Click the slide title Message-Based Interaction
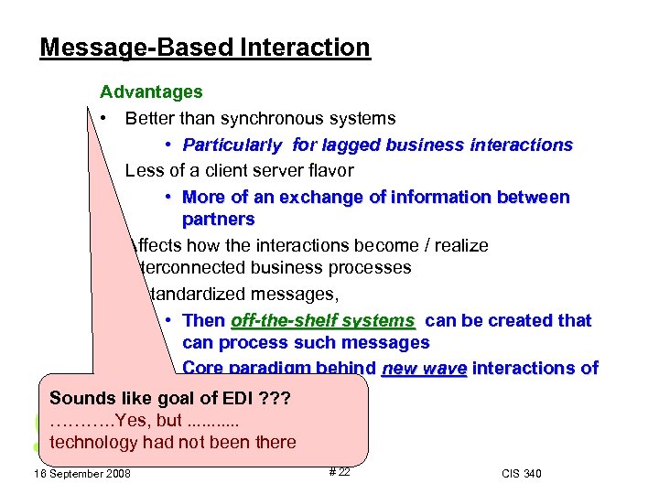(x=205, y=48)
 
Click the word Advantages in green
(x=151, y=92)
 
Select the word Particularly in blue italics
(x=232, y=145)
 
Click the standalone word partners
(x=219, y=220)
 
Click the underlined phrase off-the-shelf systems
(x=323, y=321)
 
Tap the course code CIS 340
(x=522, y=473)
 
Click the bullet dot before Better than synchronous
(x=106, y=119)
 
